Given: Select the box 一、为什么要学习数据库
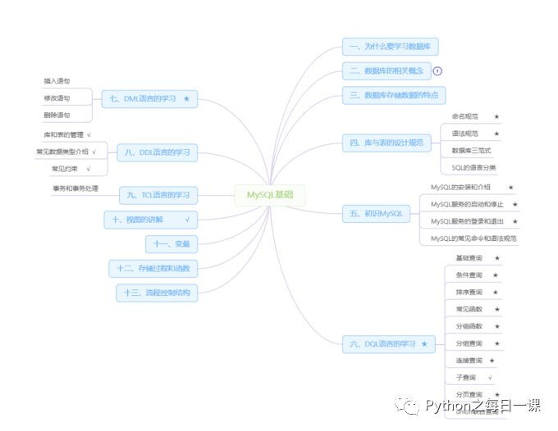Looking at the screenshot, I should point(391,47).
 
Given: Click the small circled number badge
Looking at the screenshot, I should point(437,70).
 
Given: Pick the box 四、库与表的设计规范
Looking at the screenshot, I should point(386,143).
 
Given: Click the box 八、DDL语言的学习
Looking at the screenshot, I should point(158,152).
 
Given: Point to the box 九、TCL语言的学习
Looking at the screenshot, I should point(158,195).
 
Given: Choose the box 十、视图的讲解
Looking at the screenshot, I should point(152,220).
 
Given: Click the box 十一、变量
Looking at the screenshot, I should point(172,243).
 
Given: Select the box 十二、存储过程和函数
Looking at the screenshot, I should point(153,268).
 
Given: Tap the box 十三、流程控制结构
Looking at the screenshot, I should point(157,293).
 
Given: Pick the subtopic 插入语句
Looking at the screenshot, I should point(57,82).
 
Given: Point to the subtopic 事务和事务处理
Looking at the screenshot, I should point(75,188).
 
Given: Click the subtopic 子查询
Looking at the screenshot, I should point(465,378).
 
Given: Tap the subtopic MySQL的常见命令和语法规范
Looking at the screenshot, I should point(473,238).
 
